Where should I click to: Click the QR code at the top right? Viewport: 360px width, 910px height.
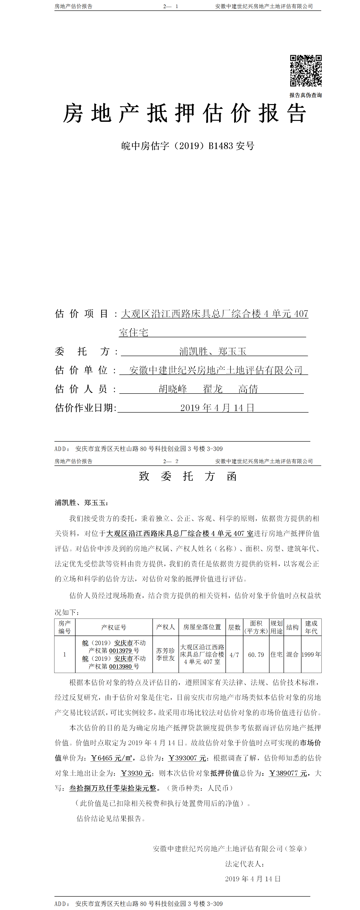tap(306, 70)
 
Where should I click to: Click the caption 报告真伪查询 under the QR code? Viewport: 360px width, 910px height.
tap(306, 95)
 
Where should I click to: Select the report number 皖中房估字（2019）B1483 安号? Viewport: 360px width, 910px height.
tap(188, 146)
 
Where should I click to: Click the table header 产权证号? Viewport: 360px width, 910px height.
tap(114, 627)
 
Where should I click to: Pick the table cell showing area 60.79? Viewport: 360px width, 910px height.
tap(256, 655)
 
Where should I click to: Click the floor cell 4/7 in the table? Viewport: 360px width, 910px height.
tap(234, 655)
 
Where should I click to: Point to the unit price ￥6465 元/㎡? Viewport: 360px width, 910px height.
tap(112, 758)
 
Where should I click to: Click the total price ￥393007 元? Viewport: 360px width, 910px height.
tap(187, 758)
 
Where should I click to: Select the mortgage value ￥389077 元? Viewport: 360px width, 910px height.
tap(288, 773)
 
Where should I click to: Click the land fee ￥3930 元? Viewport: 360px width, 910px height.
tap(136, 773)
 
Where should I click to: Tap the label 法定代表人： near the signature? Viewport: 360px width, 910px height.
tap(245, 864)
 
